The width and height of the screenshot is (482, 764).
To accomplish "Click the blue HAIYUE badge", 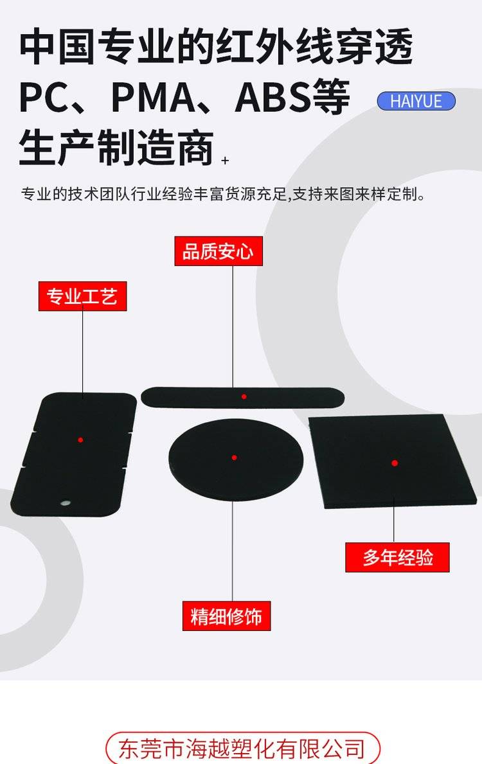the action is coord(416,101).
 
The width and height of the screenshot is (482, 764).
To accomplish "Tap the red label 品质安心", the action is coord(219,251).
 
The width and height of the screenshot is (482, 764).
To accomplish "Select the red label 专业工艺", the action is coord(82,296).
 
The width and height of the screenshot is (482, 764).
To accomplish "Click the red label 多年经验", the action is coord(397,557).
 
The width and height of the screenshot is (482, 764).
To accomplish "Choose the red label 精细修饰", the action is coord(227,616).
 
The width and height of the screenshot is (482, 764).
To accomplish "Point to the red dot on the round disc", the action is coord(235,458).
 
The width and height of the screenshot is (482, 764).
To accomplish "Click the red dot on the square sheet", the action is coord(394,463).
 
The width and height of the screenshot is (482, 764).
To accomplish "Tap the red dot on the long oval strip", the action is coord(244,396).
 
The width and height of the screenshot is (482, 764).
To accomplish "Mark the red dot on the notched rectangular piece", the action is coord(80,440).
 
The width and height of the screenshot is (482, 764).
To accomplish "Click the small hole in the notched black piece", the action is coord(64,502).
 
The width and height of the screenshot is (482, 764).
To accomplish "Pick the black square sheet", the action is coord(392,461).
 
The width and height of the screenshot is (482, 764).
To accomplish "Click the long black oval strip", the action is coord(243,397).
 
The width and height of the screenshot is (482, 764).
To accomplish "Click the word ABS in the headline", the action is coord(272,98).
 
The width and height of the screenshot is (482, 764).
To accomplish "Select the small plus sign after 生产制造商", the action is coord(225,160).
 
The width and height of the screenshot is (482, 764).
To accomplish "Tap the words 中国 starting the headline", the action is coord(57,48).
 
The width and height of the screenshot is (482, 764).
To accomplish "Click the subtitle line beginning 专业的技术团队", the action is coord(223,194).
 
